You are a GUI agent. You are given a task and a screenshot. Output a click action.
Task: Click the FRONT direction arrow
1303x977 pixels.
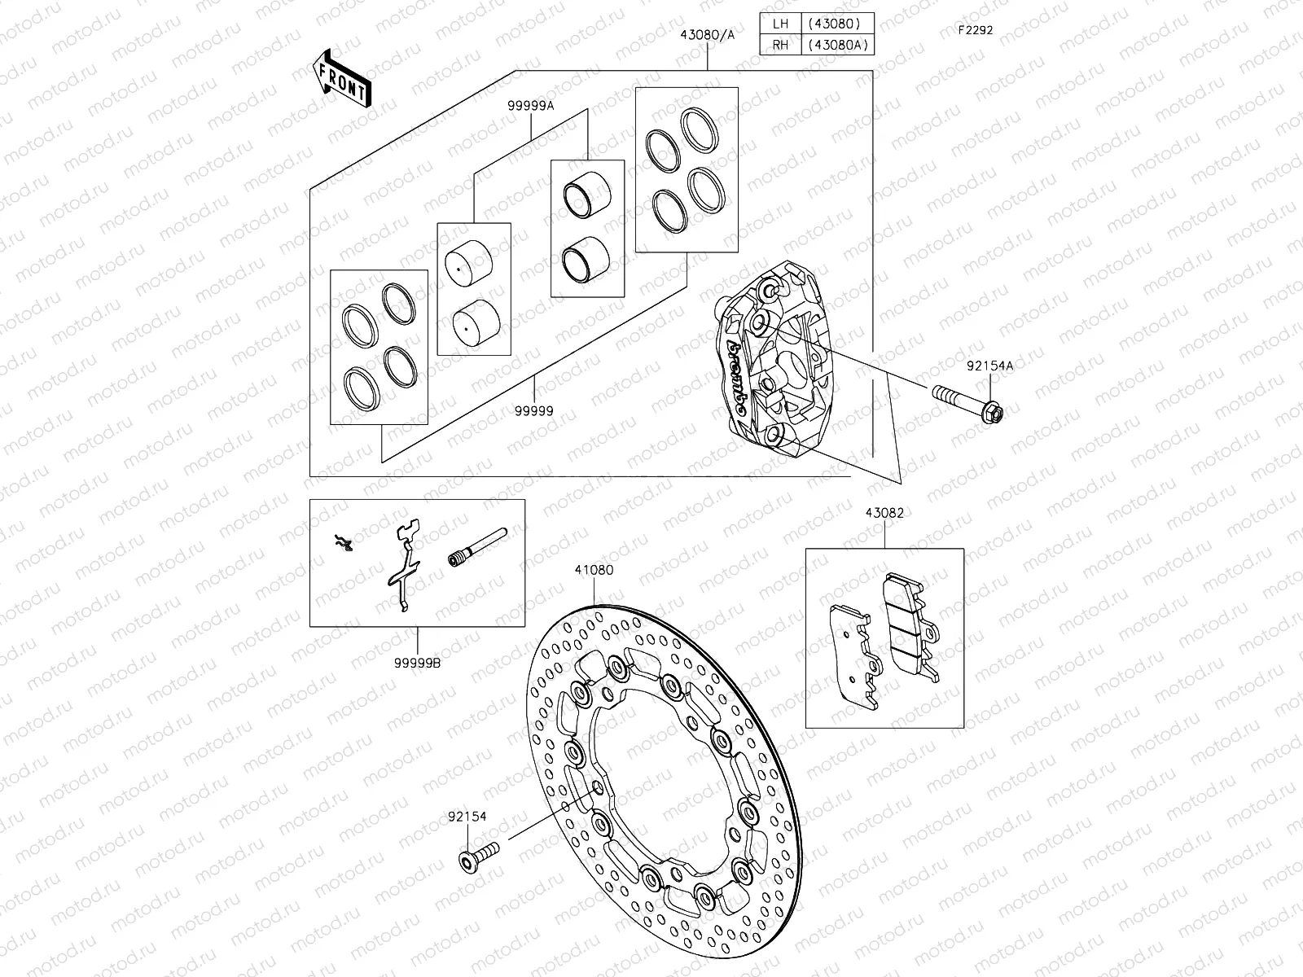pos(342,78)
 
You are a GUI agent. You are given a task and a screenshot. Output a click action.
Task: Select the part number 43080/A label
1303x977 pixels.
pos(707,35)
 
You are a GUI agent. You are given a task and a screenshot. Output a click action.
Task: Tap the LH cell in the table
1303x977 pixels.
pos(781,24)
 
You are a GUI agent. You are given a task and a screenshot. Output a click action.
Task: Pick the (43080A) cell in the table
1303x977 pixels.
pos(838,45)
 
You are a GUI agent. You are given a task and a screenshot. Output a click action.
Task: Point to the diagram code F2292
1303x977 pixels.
pos(976,29)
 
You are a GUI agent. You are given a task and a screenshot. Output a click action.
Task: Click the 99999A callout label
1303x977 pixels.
pos(531,106)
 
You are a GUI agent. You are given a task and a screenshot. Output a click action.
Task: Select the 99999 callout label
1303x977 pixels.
pos(533,410)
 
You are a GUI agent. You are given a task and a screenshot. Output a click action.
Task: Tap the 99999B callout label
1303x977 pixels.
pos(417,664)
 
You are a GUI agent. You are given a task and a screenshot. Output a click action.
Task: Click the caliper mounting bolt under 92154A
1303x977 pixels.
pos(967,403)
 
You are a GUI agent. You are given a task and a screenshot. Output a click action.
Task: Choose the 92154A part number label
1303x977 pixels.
pos(989,366)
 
